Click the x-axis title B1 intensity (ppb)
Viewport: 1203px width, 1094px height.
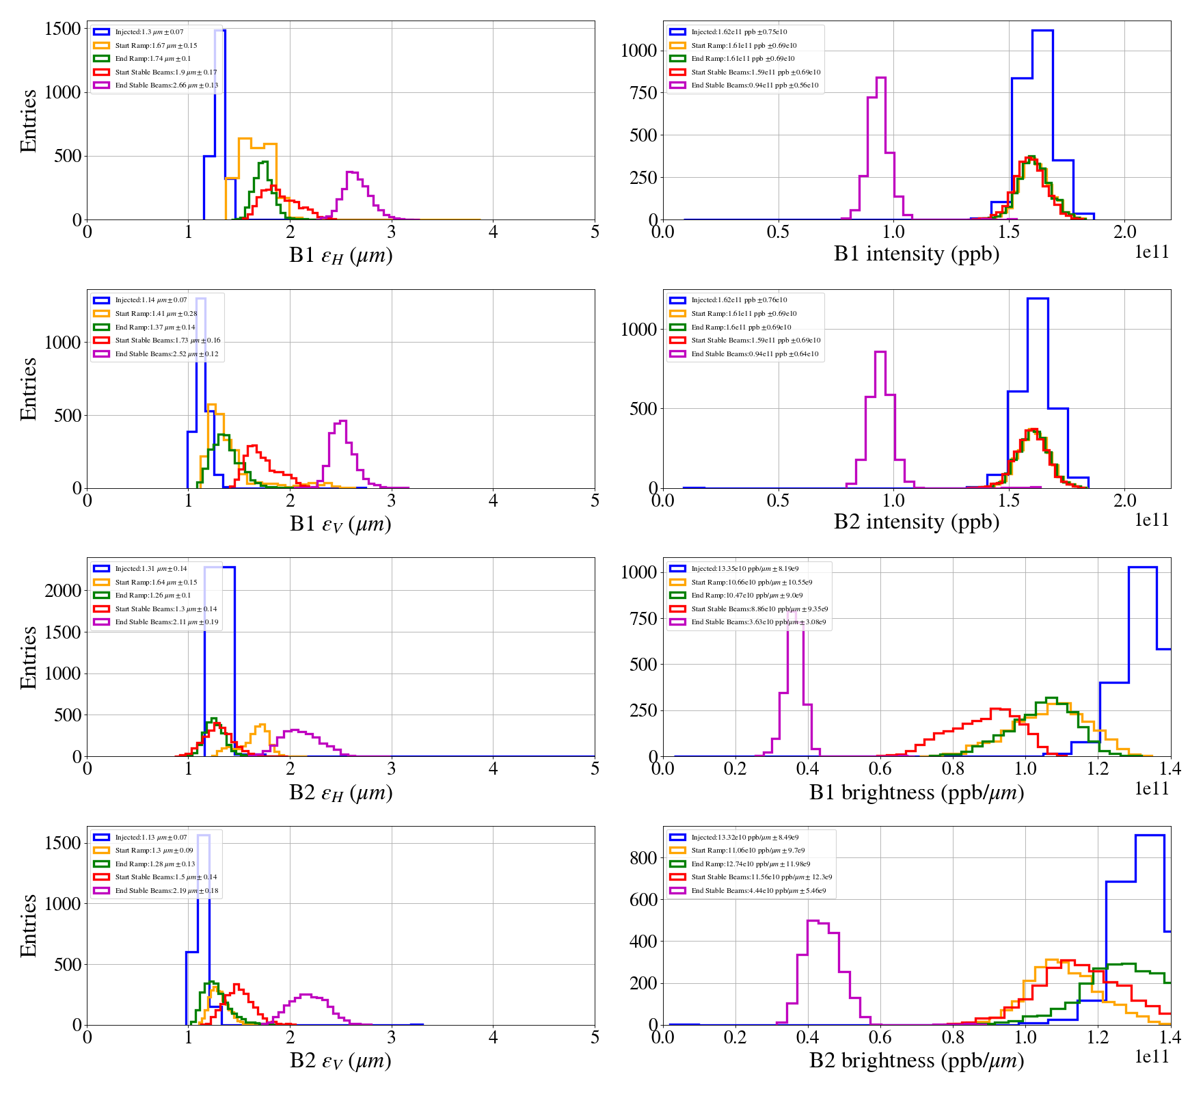tap(916, 254)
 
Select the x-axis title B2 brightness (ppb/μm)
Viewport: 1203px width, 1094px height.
tap(916, 1060)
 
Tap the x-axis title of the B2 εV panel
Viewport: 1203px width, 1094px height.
tap(340, 1060)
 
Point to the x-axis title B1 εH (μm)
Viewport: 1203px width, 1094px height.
tap(340, 255)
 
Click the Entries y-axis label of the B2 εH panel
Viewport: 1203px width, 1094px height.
tap(28, 657)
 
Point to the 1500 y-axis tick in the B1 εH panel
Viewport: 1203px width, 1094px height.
tap(63, 29)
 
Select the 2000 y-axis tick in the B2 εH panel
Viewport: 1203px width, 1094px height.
tap(63, 591)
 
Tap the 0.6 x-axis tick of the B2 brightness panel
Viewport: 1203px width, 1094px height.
tap(880, 1037)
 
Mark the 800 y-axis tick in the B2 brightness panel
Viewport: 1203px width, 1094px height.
tap(643, 858)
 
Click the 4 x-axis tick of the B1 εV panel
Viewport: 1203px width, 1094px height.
tap(493, 501)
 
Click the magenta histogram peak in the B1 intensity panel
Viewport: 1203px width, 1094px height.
tap(880, 78)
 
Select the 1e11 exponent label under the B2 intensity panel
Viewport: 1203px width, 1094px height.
tap(1152, 520)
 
